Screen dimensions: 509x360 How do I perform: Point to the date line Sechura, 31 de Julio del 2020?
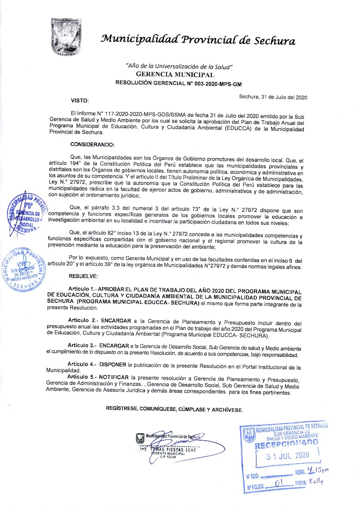coord(273,98)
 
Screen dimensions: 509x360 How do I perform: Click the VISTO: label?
coord(80,101)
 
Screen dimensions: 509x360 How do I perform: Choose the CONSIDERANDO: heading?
coord(92,144)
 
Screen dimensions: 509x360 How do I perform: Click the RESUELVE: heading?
coord(84,276)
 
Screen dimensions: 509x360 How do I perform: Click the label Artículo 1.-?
coord(85,290)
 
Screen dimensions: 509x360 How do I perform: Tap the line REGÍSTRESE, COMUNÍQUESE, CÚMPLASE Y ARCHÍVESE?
coord(174,410)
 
